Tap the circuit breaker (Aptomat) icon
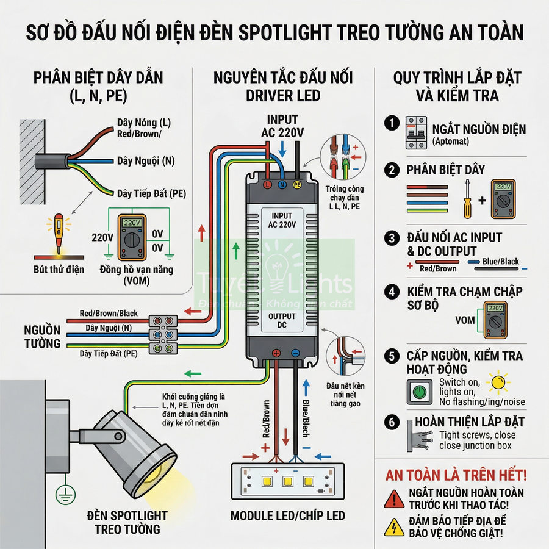pos(415,132)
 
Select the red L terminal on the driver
pos(267,183)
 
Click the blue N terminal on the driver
pos(282,183)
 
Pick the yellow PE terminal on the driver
pos(297,183)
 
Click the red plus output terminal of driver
pos(276,353)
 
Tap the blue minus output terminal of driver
pos(295,353)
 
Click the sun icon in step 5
pos(500,382)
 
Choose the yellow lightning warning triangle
pos(394,526)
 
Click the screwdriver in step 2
pos(468,199)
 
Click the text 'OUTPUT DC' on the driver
pos(282,321)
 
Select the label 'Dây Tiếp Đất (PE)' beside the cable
pos(152,194)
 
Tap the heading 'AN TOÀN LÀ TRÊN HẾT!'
pos(456,475)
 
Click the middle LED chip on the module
pos(287,481)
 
